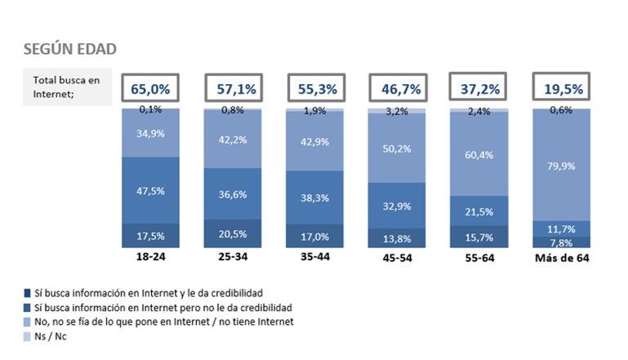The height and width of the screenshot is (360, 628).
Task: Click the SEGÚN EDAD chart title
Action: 69,49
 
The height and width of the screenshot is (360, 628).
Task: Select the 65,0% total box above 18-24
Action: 151,87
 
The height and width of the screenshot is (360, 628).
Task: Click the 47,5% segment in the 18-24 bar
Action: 151,190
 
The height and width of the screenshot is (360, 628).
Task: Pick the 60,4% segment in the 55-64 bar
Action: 479,153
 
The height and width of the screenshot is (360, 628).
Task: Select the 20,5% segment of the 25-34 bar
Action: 233,233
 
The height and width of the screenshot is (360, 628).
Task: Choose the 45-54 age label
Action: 396,260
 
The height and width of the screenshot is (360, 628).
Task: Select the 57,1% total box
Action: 233,87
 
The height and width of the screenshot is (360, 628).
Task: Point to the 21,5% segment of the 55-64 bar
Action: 479,211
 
